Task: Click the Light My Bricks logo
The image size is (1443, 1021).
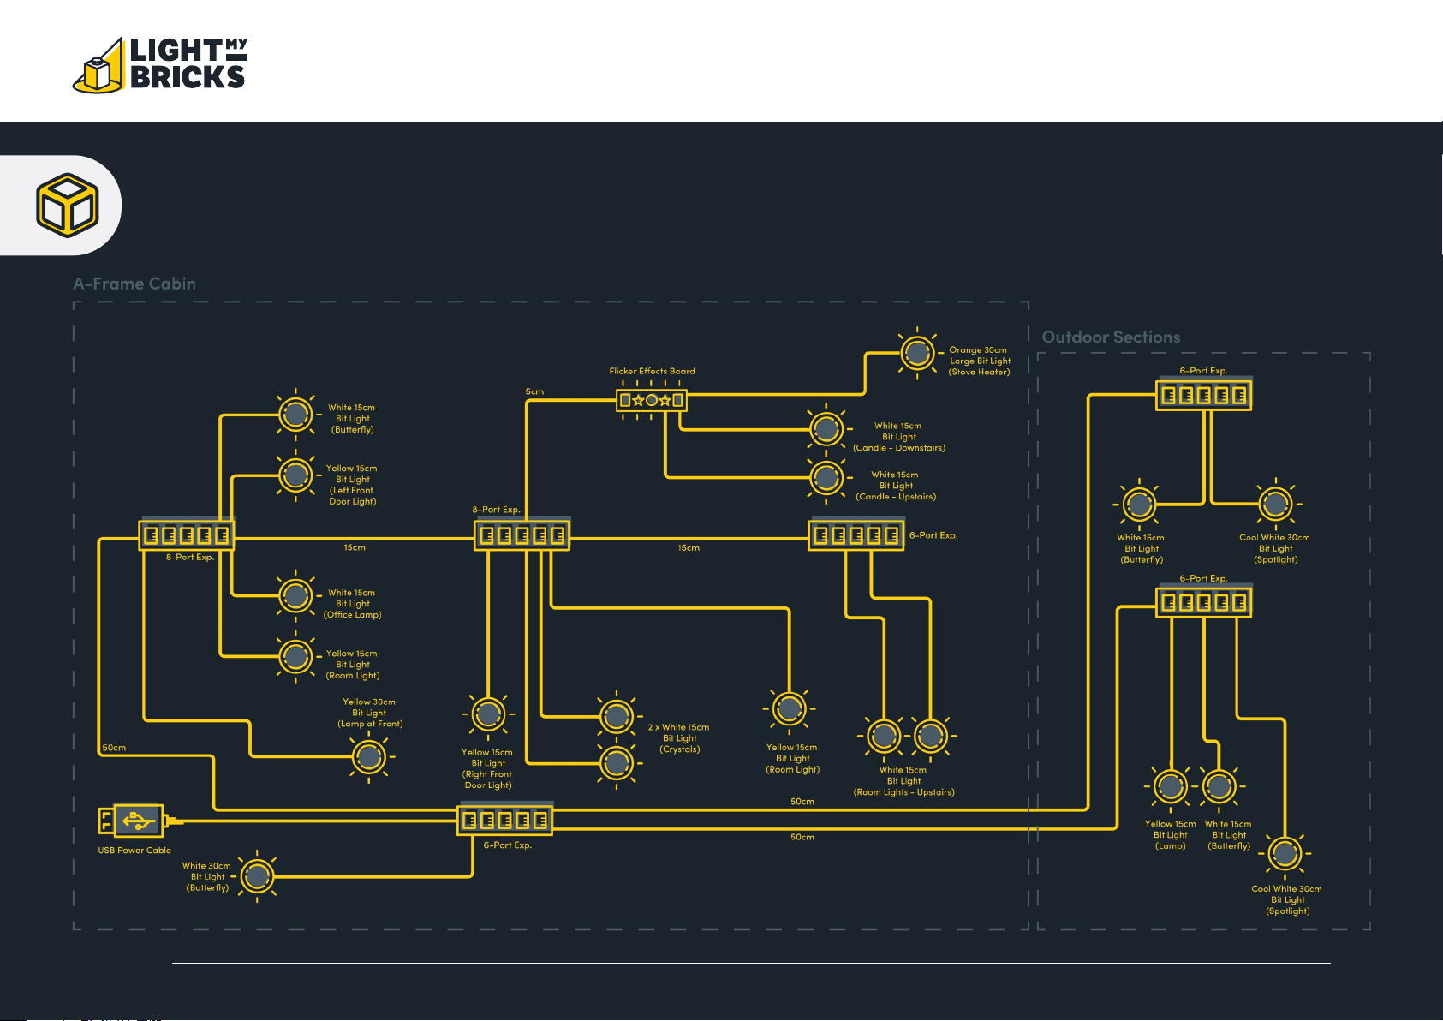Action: tap(160, 64)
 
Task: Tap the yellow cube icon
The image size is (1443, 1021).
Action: tap(68, 205)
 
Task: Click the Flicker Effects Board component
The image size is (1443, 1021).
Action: tap(652, 400)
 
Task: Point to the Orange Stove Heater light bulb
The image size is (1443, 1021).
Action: tap(917, 353)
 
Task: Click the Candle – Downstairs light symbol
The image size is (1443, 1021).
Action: tap(826, 428)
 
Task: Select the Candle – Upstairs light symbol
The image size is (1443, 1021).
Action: tap(826, 478)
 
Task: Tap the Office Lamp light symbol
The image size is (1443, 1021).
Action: tap(295, 596)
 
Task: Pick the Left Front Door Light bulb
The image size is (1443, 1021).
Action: tap(295, 475)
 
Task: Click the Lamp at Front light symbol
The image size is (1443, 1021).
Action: tap(369, 757)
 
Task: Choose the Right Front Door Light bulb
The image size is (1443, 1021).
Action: tap(488, 714)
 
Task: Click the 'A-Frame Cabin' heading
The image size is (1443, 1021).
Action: tap(134, 284)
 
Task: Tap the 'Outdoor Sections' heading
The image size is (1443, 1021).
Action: tap(1112, 337)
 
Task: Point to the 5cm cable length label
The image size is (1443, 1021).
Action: tap(534, 391)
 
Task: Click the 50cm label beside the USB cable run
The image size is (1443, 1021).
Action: tap(114, 747)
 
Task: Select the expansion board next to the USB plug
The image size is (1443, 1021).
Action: tap(505, 819)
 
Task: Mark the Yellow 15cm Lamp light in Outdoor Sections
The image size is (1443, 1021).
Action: tap(1171, 786)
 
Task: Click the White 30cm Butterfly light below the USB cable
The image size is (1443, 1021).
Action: tap(258, 876)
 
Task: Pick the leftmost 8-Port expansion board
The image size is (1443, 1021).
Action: tap(187, 534)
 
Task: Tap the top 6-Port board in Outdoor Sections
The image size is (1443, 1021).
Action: tap(1204, 394)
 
